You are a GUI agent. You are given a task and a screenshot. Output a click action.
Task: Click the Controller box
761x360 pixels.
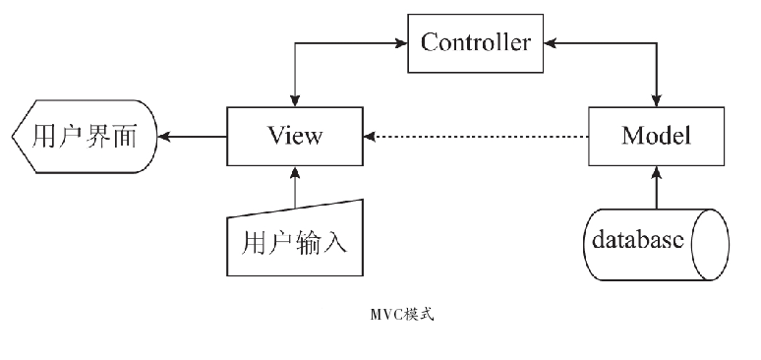coord(475,42)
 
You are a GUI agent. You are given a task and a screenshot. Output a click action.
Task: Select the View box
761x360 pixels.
coord(294,136)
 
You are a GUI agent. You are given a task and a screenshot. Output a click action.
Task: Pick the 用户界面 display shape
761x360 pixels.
coord(85,136)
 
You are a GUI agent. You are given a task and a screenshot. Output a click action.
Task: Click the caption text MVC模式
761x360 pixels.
coord(401,317)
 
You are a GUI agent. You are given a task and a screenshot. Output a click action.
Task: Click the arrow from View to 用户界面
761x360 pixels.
coord(195,136)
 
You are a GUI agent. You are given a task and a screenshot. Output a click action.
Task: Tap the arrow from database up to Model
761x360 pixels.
coord(656,186)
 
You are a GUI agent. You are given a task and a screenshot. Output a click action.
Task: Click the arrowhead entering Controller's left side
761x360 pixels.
coord(403,42)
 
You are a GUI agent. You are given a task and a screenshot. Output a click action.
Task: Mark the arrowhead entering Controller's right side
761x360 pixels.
coord(548,42)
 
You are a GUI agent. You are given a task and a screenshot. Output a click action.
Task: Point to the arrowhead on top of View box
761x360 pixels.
coord(294,101)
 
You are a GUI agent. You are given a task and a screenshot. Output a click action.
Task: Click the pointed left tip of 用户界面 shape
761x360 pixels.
coord(14,136)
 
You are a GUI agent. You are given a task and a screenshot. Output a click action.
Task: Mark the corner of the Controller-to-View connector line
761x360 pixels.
coord(294,42)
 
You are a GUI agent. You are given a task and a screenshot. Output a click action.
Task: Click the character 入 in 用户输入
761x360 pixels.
coord(335,241)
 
